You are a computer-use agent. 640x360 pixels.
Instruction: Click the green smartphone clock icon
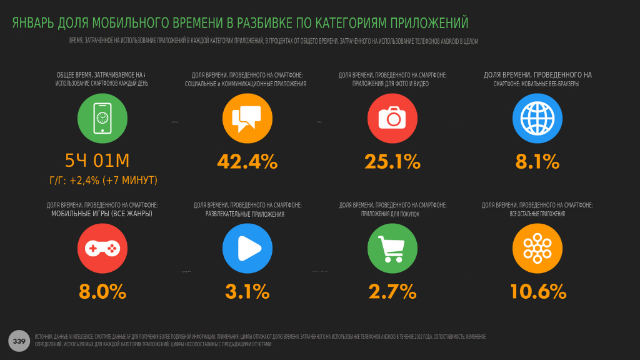(102, 119)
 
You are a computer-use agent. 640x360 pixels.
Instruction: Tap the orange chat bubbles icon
(247, 119)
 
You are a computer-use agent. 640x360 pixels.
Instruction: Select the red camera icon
(392, 119)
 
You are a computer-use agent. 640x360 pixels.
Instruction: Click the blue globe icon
(537, 119)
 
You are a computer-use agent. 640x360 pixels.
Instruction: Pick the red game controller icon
(102, 248)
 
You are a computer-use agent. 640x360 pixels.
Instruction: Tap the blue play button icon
(247, 248)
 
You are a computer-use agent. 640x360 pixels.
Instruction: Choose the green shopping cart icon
(392, 248)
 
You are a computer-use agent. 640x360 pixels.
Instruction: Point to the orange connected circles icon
(537, 248)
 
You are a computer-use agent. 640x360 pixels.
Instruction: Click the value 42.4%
(247, 161)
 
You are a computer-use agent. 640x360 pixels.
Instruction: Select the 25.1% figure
(392, 161)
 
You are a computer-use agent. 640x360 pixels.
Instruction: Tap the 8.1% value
(537, 161)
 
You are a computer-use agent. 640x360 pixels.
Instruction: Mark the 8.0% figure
(102, 291)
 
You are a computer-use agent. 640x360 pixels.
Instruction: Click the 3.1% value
(247, 291)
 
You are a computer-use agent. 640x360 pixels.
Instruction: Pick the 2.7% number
(392, 291)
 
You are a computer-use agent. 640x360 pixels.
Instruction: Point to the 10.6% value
(538, 291)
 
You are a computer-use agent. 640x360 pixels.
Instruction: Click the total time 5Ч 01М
(97, 161)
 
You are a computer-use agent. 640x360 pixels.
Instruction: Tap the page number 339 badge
(19, 341)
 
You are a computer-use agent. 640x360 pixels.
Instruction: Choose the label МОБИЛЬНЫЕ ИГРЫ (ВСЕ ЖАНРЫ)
(102, 214)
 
